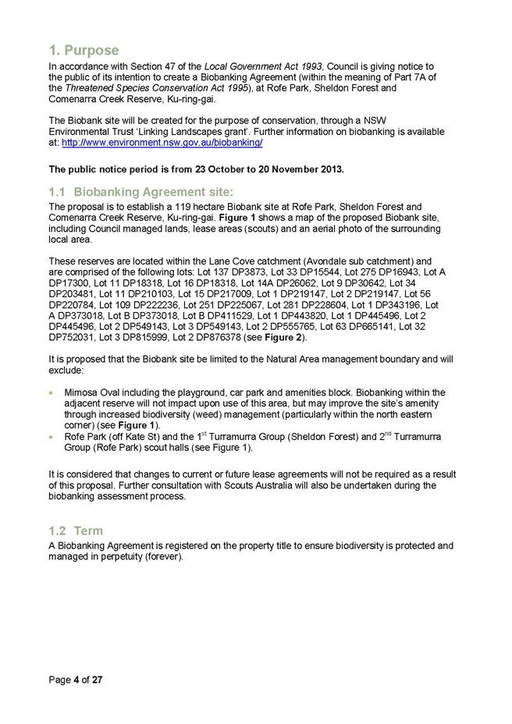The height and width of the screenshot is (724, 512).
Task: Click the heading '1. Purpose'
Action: (84, 51)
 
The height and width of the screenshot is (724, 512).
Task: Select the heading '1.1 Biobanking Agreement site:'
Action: (141, 192)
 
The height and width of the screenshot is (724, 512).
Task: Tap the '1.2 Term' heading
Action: (76, 531)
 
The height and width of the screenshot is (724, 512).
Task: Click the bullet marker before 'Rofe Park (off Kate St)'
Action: (53, 437)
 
